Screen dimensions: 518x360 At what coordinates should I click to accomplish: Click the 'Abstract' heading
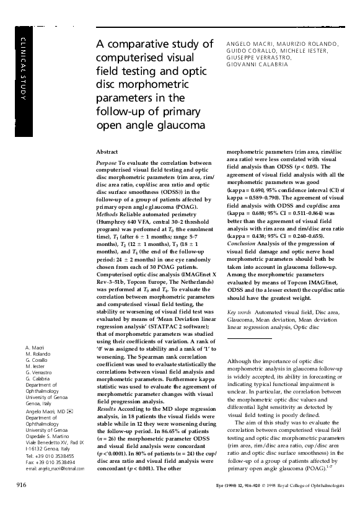click(108, 151)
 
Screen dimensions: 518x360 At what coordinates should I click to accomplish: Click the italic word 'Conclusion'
click(242, 260)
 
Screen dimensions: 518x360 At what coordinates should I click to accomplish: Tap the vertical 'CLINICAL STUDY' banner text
click(23, 68)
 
